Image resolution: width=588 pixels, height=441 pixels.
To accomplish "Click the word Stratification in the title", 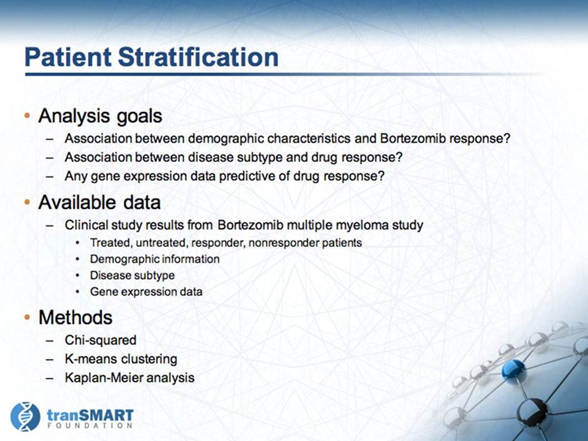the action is (x=198, y=57).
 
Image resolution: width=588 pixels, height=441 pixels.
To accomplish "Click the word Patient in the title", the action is (x=68, y=57).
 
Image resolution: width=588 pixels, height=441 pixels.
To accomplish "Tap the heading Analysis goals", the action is (x=100, y=116).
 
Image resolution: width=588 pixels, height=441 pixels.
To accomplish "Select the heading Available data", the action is (x=99, y=203).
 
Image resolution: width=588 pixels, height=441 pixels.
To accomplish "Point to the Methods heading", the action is (x=75, y=317).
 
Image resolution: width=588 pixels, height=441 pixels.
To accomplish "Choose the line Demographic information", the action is (x=154, y=259).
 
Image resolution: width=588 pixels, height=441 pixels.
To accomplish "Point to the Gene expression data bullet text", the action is (x=146, y=292).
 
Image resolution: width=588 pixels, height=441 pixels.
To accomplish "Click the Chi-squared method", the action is (x=100, y=340).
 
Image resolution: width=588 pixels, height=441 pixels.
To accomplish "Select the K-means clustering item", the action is (x=121, y=359).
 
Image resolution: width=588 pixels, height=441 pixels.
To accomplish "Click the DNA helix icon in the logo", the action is (x=25, y=417).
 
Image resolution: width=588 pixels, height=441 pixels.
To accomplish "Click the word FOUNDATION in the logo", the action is (x=90, y=426).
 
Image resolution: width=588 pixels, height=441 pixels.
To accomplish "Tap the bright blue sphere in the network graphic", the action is (x=514, y=370).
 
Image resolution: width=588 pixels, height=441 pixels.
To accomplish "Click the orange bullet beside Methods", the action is (x=27, y=318).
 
